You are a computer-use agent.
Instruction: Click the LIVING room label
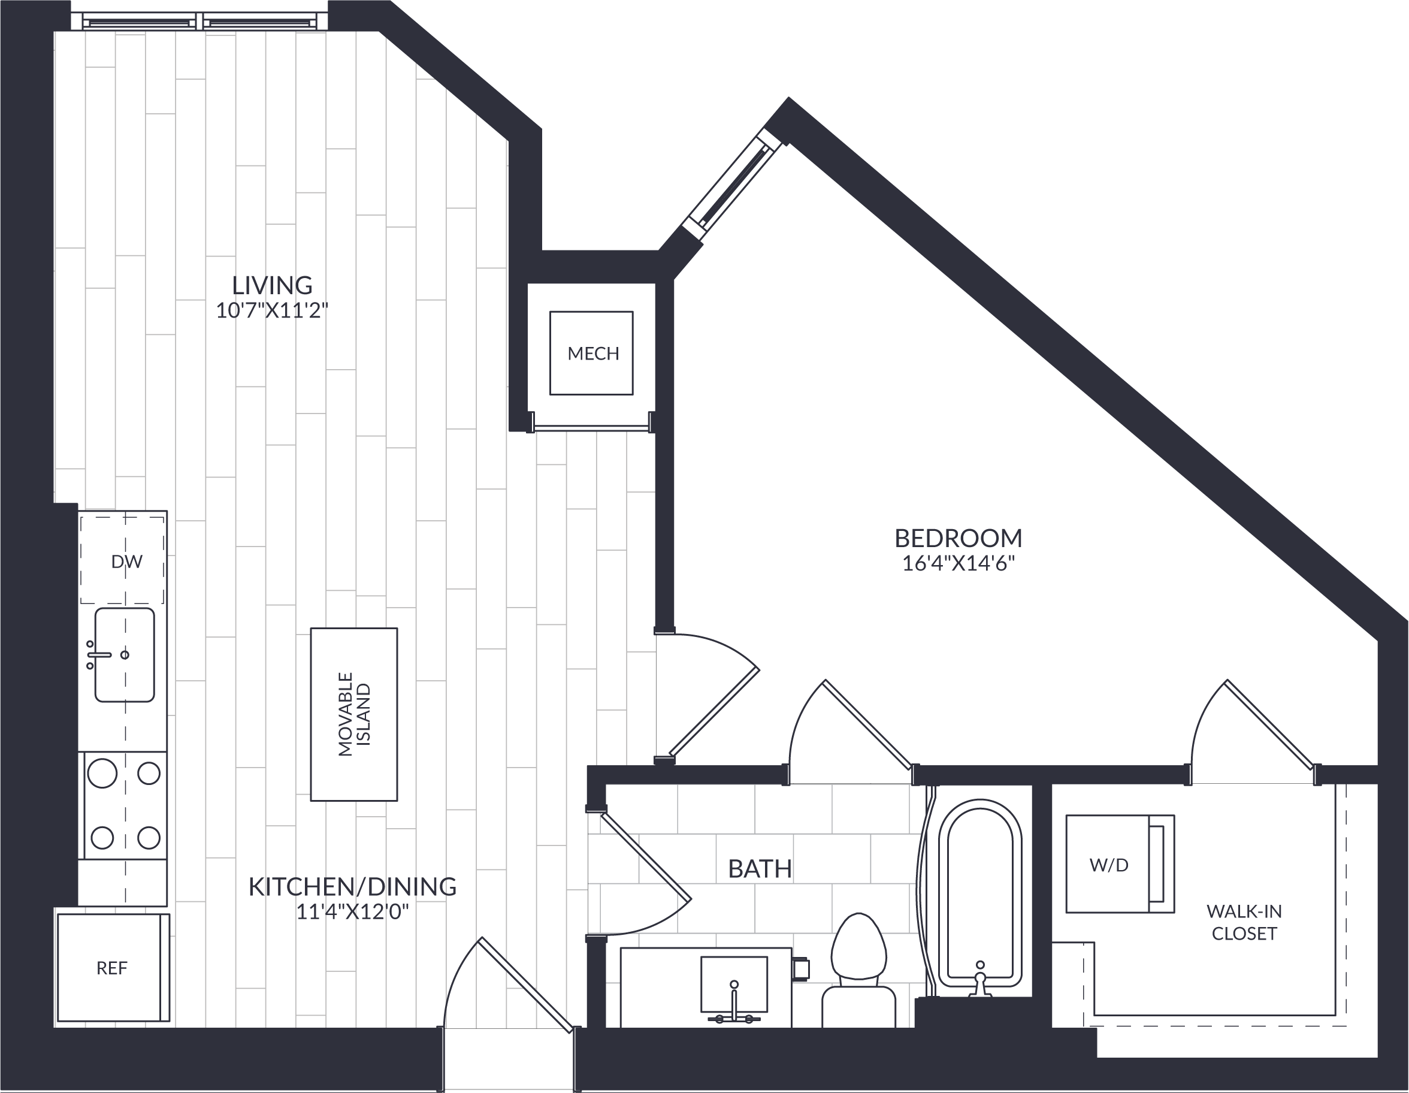coord(272,285)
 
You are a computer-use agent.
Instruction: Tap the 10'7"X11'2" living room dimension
coord(272,311)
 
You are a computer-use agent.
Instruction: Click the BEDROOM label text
coord(958,538)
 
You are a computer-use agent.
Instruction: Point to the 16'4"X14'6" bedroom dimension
coord(958,564)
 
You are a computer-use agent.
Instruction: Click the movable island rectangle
coord(353,714)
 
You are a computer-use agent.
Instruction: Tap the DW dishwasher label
coord(126,562)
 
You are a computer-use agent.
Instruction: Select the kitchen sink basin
coord(125,654)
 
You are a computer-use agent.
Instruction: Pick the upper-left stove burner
coord(102,773)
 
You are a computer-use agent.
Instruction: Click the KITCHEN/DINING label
coord(352,886)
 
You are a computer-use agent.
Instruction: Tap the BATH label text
coord(760,869)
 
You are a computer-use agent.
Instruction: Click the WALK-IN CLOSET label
coord(1244,923)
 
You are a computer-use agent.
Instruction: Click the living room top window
coord(201,22)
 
